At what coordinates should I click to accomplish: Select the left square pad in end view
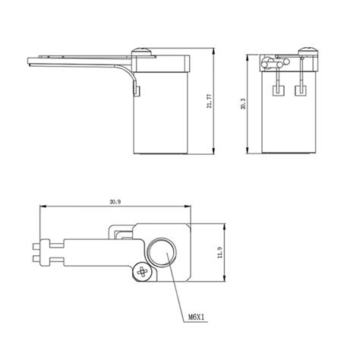point(277,90)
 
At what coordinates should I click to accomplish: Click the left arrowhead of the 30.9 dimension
point(43,206)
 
